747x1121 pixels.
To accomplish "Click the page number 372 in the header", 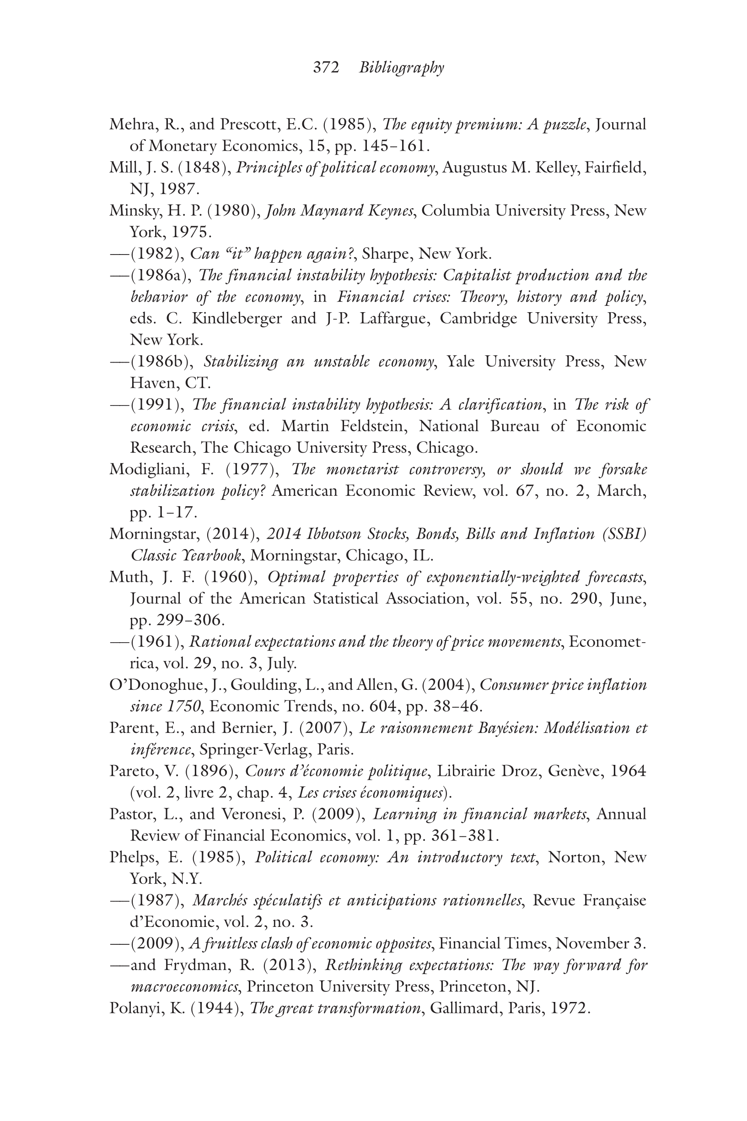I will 326,67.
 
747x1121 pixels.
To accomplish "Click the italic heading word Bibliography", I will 402,67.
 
